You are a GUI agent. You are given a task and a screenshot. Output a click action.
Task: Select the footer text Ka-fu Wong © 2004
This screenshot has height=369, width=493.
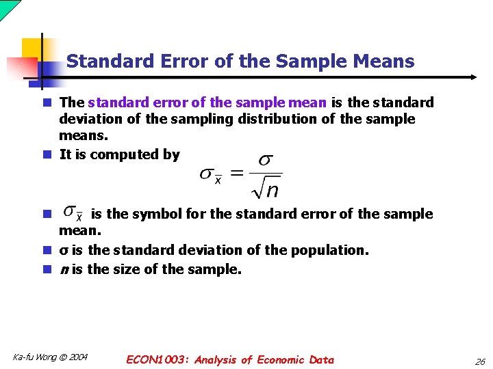(x=50, y=357)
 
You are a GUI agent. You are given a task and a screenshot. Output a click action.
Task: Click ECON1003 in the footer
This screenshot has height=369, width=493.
(x=157, y=359)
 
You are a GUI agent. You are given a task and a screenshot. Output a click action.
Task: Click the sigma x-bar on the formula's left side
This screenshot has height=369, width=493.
(x=210, y=174)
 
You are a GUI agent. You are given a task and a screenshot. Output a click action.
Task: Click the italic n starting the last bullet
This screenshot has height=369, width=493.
(x=64, y=269)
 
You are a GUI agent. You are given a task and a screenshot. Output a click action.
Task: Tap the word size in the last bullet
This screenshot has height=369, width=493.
(x=127, y=269)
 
